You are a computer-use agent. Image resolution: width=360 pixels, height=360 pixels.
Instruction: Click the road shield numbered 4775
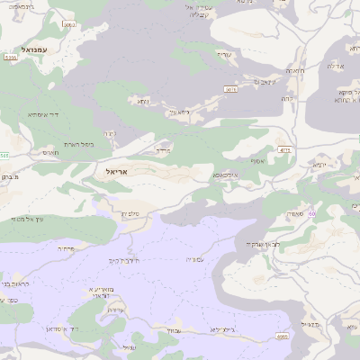tap(285, 150)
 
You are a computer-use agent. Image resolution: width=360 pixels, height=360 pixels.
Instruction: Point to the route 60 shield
tap(311, 213)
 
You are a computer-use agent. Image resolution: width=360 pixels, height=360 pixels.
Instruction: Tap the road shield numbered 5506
tap(282, 336)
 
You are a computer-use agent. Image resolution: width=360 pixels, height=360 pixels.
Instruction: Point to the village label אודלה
tap(334, 65)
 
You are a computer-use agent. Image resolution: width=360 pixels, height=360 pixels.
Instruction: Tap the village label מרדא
tap(162, 150)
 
